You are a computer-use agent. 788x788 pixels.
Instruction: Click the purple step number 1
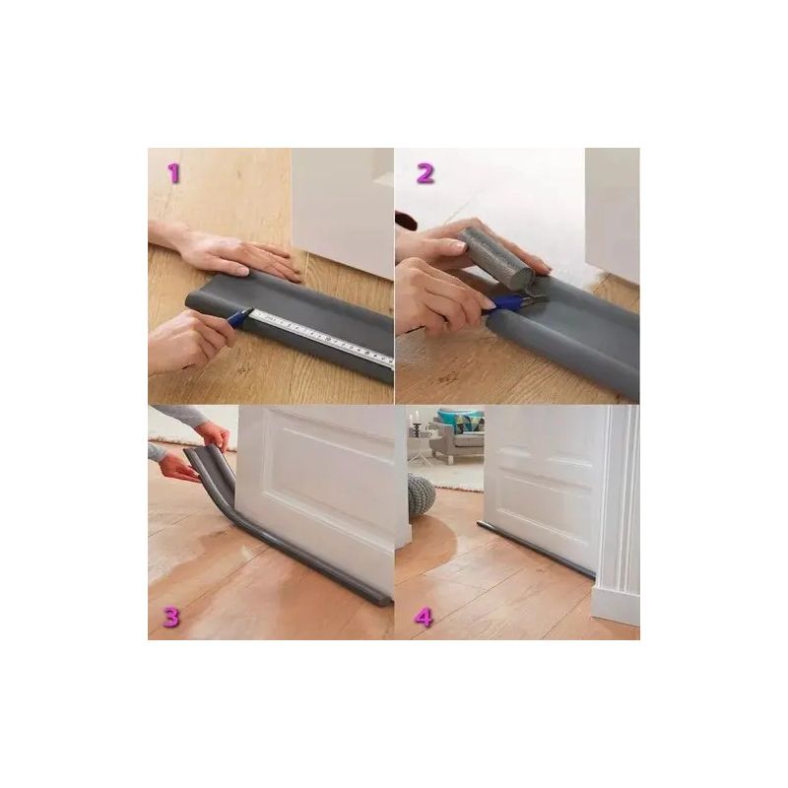click(x=173, y=174)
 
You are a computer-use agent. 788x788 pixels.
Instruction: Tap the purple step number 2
click(x=426, y=174)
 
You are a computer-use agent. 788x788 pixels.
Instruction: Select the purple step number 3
click(x=170, y=618)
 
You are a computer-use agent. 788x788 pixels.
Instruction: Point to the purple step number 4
click(x=424, y=618)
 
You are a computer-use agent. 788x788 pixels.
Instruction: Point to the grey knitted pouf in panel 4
click(x=422, y=496)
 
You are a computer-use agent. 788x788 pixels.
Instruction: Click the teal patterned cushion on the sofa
click(x=459, y=422)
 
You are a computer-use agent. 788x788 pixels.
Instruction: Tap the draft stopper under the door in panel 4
click(x=535, y=550)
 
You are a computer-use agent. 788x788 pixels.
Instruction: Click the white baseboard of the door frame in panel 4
click(x=616, y=606)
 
